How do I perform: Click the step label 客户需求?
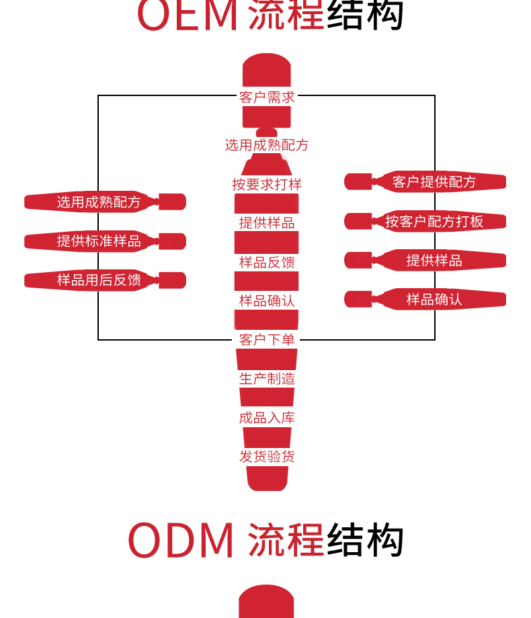pyautogui.click(x=267, y=97)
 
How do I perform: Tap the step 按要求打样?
pyautogui.click(x=267, y=184)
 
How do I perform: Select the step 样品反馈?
pyautogui.click(x=267, y=262)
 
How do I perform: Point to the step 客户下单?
pyautogui.click(x=267, y=340)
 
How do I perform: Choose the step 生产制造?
pyautogui.click(x=267, y=379)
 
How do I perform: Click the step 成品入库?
pyautogui.click(x=267, y=418)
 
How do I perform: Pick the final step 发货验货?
pyautogui.click(x=267, y=457)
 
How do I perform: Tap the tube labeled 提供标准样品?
pyautogui.click(x=99, y=241)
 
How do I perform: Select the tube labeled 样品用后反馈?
pyautogui.click(x=99, y=280)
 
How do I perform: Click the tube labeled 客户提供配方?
pyautogui.click(x=434, y=181)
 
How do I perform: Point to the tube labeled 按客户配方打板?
pyautogui.click(x=434, y=221)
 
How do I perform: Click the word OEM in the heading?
pyautogui.click(x=188, y=15)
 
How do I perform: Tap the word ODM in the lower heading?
pyautogui.click(x=181, y=540)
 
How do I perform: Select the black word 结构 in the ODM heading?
pyautogui.click(x=365, y=540)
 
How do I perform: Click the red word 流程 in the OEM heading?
pyautogui.click(x=286, y=15)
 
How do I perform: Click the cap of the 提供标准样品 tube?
pyautogui.click(x=172, y=241)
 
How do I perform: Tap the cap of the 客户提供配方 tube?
pyautogui.click(x=358, y=181)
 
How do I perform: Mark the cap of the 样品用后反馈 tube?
pyautogui.click(x=172, y=280)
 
